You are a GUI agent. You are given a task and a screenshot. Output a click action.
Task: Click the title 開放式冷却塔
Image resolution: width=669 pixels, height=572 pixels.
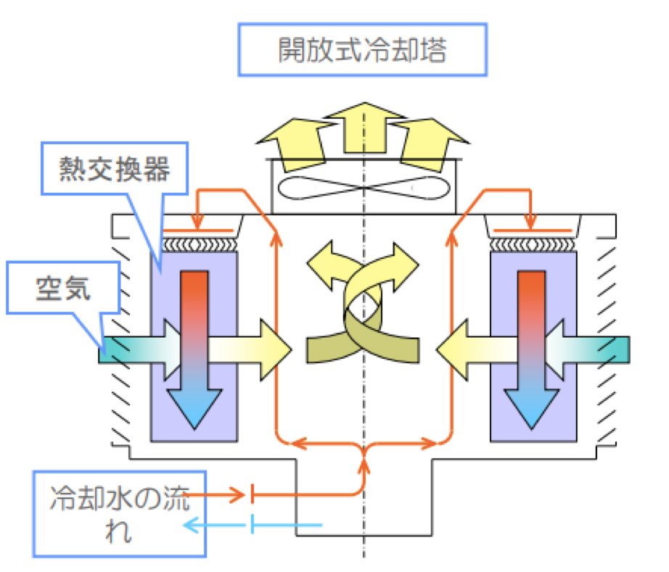point(362,51)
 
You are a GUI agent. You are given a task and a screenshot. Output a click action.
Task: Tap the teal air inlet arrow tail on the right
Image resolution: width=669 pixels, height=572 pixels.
point(610,349)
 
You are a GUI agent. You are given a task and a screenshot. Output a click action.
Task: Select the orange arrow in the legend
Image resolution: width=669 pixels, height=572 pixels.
point(218,496)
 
